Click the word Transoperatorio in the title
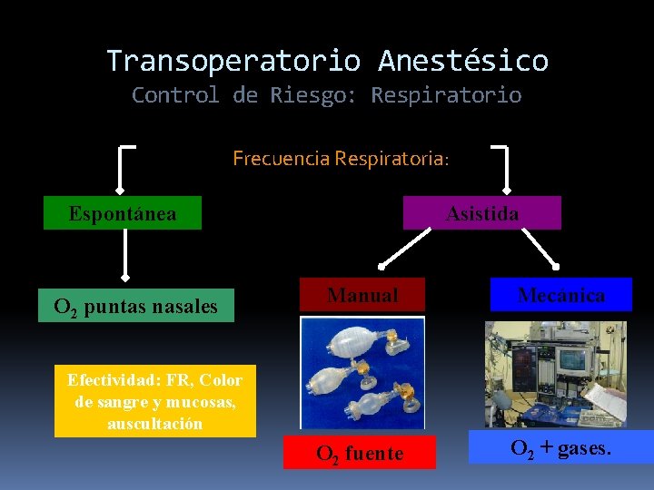pyautogui.click(x=233, y=61)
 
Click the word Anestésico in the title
pyautogui.click(x=463, y=61)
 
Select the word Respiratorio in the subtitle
pyautogui.click(x=446, y=95)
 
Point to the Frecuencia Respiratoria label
pyautogui.click(x=341, y=159)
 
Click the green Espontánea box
pyautogui.click(x=123, y=214)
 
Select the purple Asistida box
pyautogui.click(x=482, y=213)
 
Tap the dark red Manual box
pyautogui.click(x=362, y=295)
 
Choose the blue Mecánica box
pyautogui.click(x=560, y=295)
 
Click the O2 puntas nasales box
pyautogui.click(x=136, y=307)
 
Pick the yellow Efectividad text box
pyautogui.click(x=155, y=401)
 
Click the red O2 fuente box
pyautogui.click(x=359, y=453)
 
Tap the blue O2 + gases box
pyautogui.click(x=560, y=447)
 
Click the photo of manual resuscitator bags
pyautogui.click(x=362, y=372)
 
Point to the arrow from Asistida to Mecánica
pyautogui.click(x=540, y=247)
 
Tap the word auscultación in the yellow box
pyautogui.click(x=154, y=424)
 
